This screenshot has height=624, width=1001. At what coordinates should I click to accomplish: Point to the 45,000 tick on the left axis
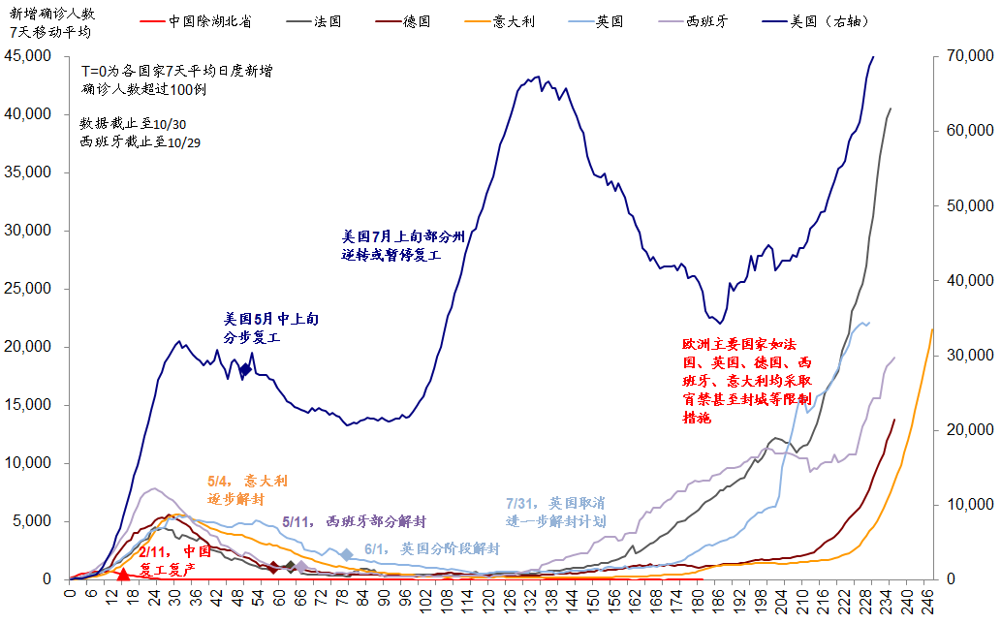tap(28, 56)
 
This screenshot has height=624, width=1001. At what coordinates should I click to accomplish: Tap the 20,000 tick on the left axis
tap(28, 347)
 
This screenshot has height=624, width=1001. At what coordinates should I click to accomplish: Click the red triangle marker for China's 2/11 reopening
tap(123, 574)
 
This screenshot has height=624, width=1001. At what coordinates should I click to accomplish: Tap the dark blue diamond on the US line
tap(245, 369)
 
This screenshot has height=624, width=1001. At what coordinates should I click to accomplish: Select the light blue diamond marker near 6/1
tap(347, 555)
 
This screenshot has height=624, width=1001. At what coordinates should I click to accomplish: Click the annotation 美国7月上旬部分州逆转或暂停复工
tap(404, 244)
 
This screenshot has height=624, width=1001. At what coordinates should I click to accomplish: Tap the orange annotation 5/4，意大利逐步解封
tap(247, 489)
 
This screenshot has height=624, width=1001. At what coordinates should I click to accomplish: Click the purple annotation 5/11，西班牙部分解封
tap(353, 521)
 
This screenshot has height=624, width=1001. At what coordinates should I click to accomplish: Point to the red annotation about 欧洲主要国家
tap(747, 382)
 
